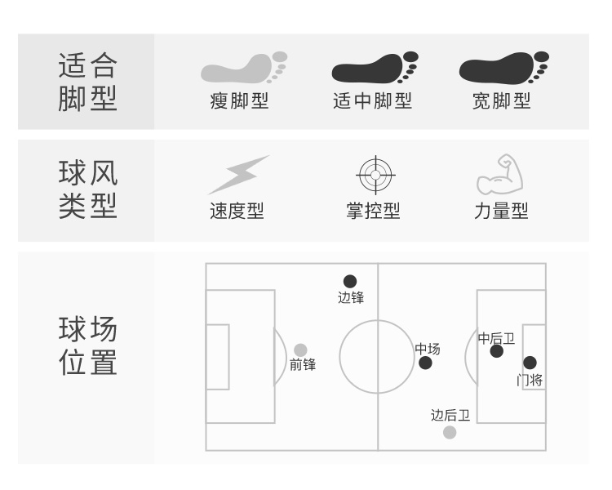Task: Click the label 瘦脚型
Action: point(239,102)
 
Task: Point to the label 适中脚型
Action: point(372,102)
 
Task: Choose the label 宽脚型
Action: point(501,102)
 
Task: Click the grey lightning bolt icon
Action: point(238,174)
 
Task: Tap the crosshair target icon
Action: point(375,174)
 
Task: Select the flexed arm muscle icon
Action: point(500,173)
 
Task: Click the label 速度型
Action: point(237,211)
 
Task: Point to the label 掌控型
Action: point(373,211)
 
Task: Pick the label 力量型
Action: point(501,211)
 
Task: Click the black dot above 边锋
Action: point(350,282)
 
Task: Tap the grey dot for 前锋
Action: point(300,350)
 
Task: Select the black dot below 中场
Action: point(425,363)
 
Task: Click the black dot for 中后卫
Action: point(497,351)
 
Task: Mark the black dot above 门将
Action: point(530,363)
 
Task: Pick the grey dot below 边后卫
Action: point(450,432)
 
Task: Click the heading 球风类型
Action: point(87,189)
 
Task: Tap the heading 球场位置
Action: point(87,346)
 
